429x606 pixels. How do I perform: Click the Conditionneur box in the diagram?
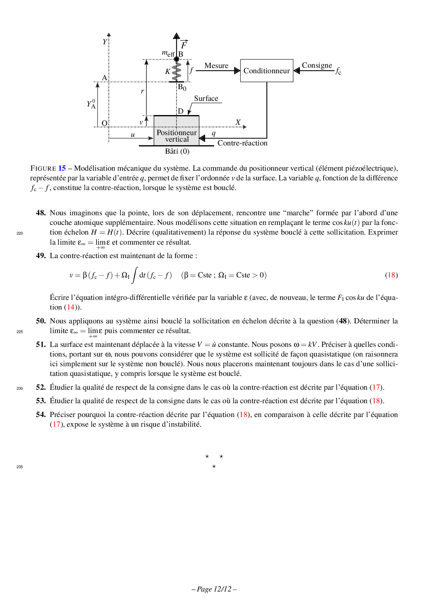266,70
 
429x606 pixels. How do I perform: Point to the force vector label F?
184,45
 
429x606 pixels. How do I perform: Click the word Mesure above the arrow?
216,66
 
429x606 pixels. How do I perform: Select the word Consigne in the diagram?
317,65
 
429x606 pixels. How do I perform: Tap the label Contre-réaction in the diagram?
242,143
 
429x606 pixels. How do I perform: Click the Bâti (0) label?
177,151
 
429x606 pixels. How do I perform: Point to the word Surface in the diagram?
206,98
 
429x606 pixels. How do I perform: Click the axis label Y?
105,42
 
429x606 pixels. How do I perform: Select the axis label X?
238,122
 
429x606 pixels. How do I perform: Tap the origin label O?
104,123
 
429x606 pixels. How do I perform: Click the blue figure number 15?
62,168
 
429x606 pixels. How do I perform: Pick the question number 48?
41,213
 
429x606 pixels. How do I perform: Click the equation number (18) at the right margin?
391,275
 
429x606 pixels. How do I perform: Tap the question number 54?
41,415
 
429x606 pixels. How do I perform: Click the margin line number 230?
20,388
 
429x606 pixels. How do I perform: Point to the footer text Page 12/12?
214,589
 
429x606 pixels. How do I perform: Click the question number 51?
41,344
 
